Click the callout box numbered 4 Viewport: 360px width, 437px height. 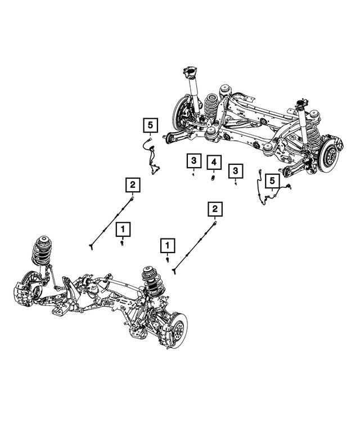pyautogui.click(x=214, y=163)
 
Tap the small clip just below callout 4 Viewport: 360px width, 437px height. pyautogui.click(x=214, y=179)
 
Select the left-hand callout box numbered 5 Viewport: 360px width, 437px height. pyautogui.click(x=150, y=124)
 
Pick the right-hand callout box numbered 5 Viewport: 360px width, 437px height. pyautogui.click(x=272, y=181)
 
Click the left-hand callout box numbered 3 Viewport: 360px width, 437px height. pyautogui.click(x=193, y=161)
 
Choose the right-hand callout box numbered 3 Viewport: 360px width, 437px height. pyautogui.click(x=236, y=169)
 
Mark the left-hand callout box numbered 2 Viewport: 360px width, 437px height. pyautogui.click(x=132, y=184)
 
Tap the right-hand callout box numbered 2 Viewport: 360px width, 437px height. pyautogui.click(x=214, y=210)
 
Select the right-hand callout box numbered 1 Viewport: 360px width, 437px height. pyautogui.click(x=167, y=245)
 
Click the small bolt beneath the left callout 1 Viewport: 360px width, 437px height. pyautogui.click(x=122, y=244)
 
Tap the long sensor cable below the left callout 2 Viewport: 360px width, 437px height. pyautogui.click(x=110, y=222)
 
